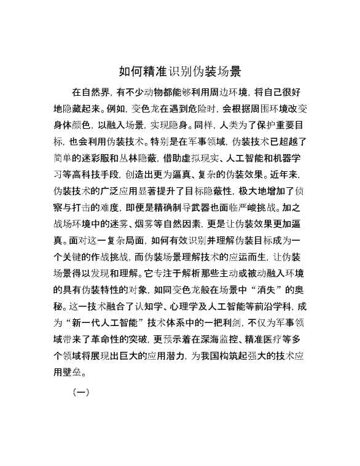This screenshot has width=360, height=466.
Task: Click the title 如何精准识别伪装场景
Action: coord(179,71)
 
